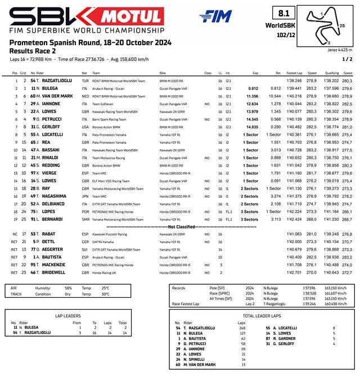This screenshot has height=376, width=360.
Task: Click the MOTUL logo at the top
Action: pos(133,17)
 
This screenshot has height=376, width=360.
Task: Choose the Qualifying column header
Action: pos(332,73)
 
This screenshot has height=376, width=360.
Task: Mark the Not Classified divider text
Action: pos(180,225)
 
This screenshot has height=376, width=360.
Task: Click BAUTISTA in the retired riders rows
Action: pos(55,257)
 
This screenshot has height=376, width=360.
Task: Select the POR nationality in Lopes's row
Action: pos(85,212)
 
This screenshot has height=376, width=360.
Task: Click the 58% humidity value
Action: pos(68,288)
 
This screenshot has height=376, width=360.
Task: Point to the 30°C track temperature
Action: pos(105,294)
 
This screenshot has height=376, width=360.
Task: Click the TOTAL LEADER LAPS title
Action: pos(262,316)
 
